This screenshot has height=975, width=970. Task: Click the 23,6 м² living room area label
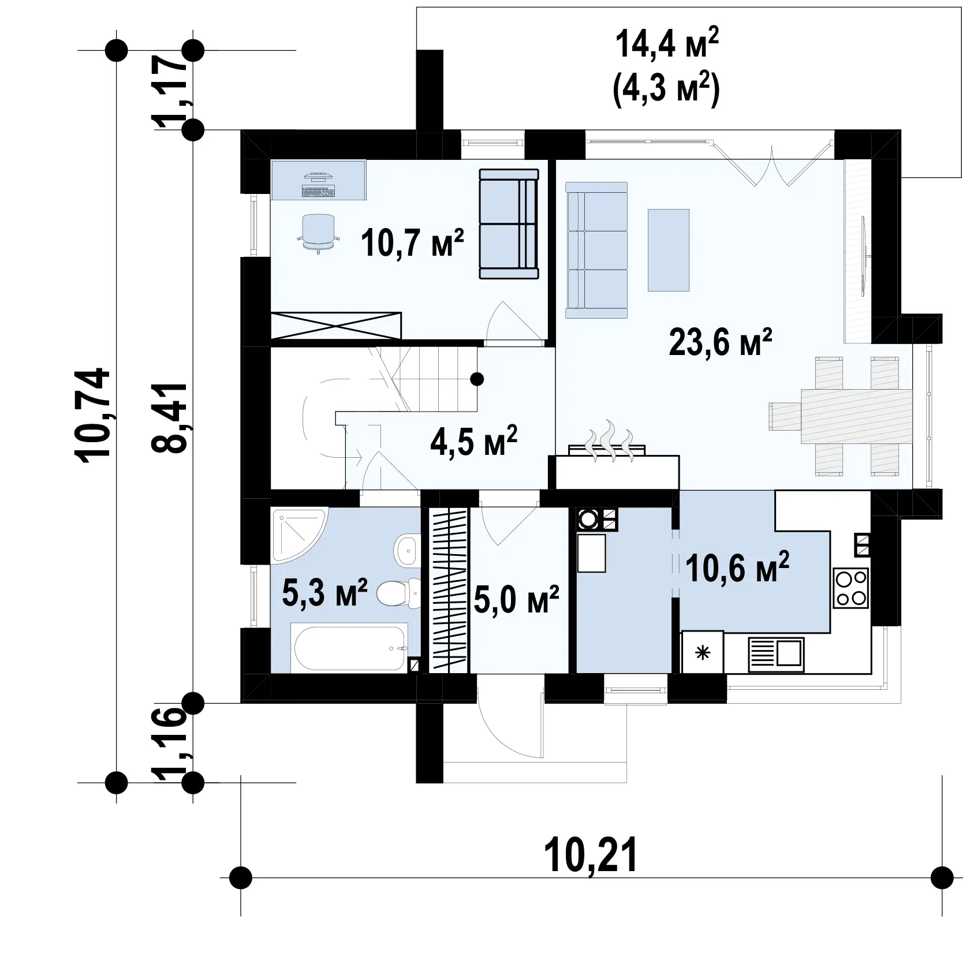click(x=720, y=343)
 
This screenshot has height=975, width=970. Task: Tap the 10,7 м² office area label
click(x=412, y=242)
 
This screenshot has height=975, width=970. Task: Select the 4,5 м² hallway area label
click(x=473, y=442)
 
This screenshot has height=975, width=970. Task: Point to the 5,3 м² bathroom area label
click(x=324, y=593)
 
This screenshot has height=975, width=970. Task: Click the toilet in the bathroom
click(x=400, y=592)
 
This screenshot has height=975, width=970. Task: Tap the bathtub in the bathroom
click(x=351, y=647)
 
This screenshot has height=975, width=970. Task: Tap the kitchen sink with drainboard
click(x=776, y=654)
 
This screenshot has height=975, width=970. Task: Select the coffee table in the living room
click(x=669, y=250)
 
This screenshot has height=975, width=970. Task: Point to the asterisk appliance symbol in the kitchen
click(x=703, y=653)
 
